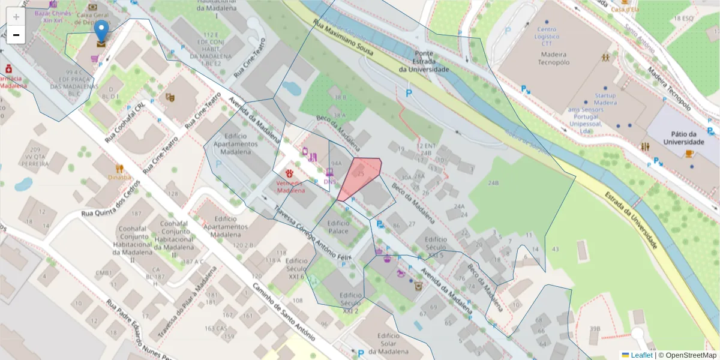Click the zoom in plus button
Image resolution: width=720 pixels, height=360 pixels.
pyautogui.click(x=16, y=17)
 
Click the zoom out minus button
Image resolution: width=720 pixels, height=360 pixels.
pyautogui.click(x=16, y=35)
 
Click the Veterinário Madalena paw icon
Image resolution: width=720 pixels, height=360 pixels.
pyautogui.click(x=290, y=173)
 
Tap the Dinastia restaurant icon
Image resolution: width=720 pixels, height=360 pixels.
pyautogui.click(x=119, y=169)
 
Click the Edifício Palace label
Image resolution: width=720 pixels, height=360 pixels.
pyautogui.click(x=338, y=226)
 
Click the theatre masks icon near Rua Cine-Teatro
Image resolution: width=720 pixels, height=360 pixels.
pyautogui.click(x=170, y=97)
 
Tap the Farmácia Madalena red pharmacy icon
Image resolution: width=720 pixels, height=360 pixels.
pyautogui.click(x=9, y=68)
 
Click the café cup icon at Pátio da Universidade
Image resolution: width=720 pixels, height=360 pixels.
pyautogui.click(x=689, y=154)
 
